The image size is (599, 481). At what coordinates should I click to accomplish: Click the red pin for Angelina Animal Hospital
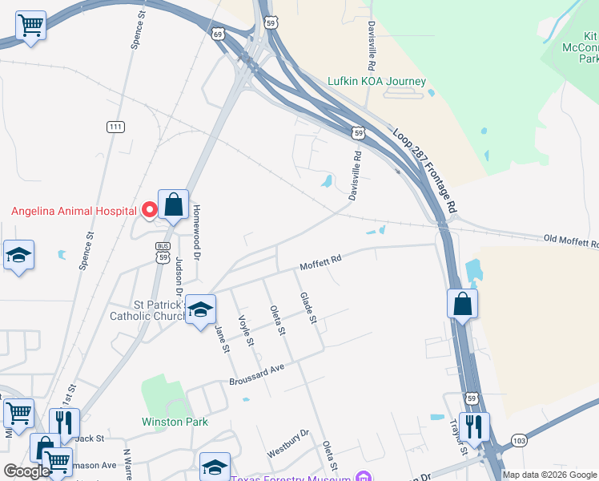pos(149,211)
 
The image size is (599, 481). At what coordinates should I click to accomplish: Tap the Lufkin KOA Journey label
pos(376,82)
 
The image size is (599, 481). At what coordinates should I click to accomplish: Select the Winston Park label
pos(175,422)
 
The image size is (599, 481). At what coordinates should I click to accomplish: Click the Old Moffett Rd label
pos(570,240)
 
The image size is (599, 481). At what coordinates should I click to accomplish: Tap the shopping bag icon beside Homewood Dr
pos(174,207)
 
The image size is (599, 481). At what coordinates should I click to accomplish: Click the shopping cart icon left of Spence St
pos(31,25)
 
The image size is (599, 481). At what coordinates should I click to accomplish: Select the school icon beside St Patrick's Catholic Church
pos(199,309)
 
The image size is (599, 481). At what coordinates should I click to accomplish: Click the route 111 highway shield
pos(115,127)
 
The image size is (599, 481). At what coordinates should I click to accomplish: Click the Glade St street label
pos(309,309)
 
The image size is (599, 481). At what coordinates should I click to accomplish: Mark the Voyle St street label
pos(246,330)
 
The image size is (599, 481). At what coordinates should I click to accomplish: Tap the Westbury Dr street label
pos(288,443)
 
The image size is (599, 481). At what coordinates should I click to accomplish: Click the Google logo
pos(26,471)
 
